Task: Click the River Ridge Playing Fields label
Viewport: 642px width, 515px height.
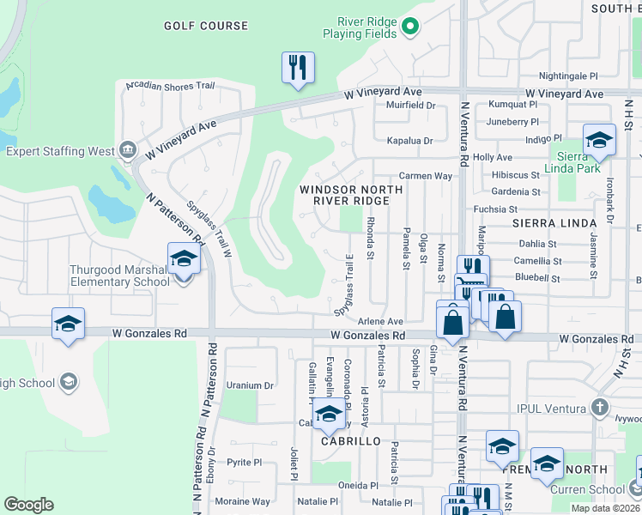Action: click(x=359, y=27)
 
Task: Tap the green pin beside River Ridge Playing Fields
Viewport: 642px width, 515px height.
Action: click(x=410, y=27)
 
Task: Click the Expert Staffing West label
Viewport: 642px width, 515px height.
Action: click(x=60, y=151)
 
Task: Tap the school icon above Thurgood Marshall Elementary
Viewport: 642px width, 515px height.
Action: click(x=183, y=259)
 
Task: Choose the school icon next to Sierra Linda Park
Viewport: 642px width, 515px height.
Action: click(x=598, y=140)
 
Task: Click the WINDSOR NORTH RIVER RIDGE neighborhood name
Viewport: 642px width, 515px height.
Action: click(x=343, y=194)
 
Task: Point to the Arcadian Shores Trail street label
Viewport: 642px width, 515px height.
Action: click(x=170, y=86)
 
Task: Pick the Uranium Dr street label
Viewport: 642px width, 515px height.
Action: click(x=249, y=385)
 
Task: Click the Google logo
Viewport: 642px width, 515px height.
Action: click(x=28, y=505)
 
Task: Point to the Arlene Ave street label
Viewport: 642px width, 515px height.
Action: click(x=380, y=320)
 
